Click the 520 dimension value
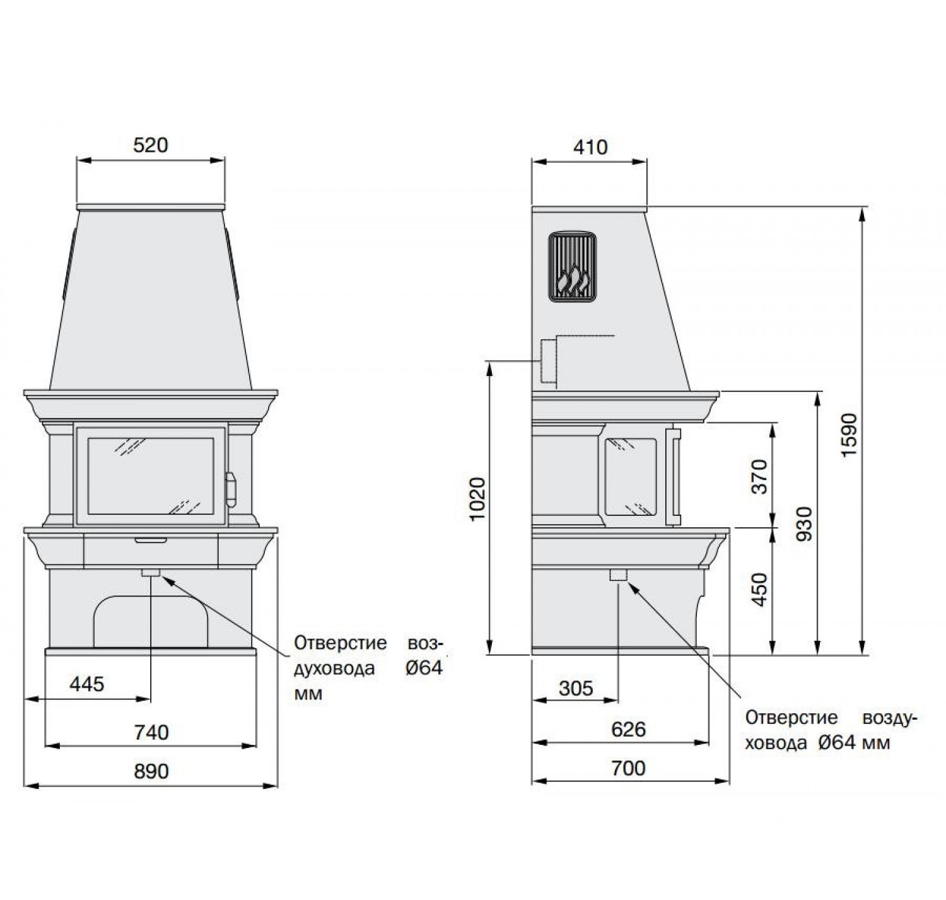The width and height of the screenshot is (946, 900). click(x=150, y=145)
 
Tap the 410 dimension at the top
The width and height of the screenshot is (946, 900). click(x=590, y=148)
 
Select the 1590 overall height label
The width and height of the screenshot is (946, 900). click(x=850, y=435)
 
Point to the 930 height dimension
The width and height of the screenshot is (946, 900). click(x=804, y=523)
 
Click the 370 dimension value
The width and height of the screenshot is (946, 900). click(x=759, y=476)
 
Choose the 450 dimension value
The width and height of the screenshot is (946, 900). click(x=759, y=590)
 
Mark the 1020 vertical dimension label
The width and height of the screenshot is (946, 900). click(x=477, y=499)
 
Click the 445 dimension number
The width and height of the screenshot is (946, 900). click(x=86, y=684)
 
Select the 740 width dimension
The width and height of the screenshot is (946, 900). click(x=151, y=732)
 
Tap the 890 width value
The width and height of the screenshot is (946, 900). click(x=151, y=771)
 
